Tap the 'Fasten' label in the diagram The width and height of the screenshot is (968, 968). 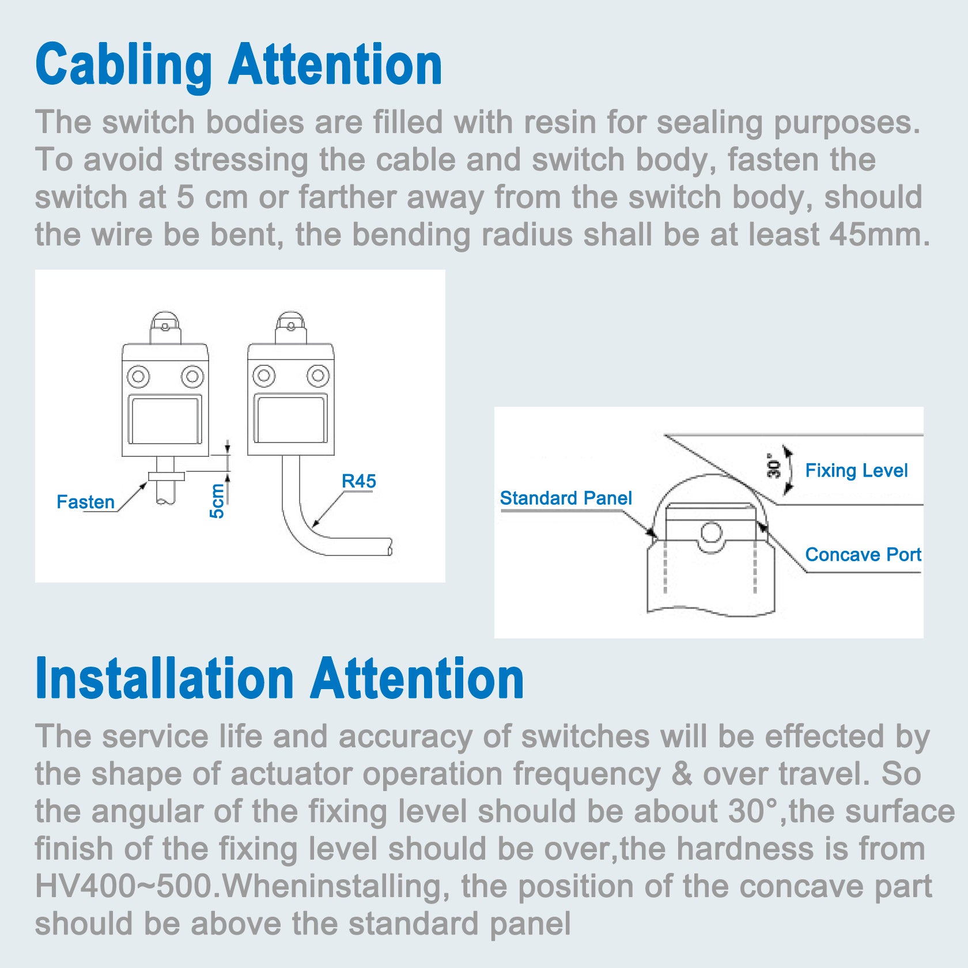(x=86, y=502)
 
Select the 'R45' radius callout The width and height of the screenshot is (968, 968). (x=358, y=481)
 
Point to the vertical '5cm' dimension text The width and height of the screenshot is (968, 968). (x=217, y=501)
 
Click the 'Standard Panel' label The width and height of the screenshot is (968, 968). (x=566, y=498)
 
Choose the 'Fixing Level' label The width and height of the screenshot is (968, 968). (x=856, y=471)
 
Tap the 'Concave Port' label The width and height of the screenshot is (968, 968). (x=863, y=554)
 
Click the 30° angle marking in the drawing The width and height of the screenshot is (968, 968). (x=774, y=466)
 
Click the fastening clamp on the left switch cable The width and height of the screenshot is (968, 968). (x=167, y=477)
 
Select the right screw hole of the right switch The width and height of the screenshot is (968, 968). (x=317, y=376)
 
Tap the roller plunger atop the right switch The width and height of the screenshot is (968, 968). (x=290, y=327)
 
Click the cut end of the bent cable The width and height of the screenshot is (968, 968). (x=390, y=547)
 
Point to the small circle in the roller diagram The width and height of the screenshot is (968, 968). (x=712, y=532)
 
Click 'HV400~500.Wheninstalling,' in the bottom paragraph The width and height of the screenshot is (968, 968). (x=243, y=887)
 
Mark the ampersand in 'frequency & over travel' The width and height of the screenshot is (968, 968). (x=682, y=774)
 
